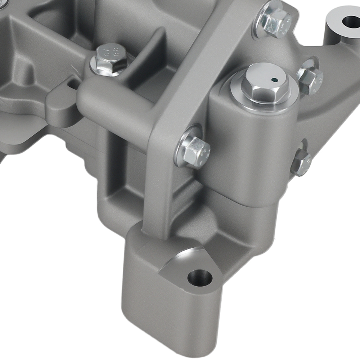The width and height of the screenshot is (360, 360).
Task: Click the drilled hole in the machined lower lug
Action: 200,278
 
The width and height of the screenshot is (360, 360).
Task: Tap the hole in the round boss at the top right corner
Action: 351,21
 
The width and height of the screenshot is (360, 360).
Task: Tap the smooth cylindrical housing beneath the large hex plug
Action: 252,151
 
